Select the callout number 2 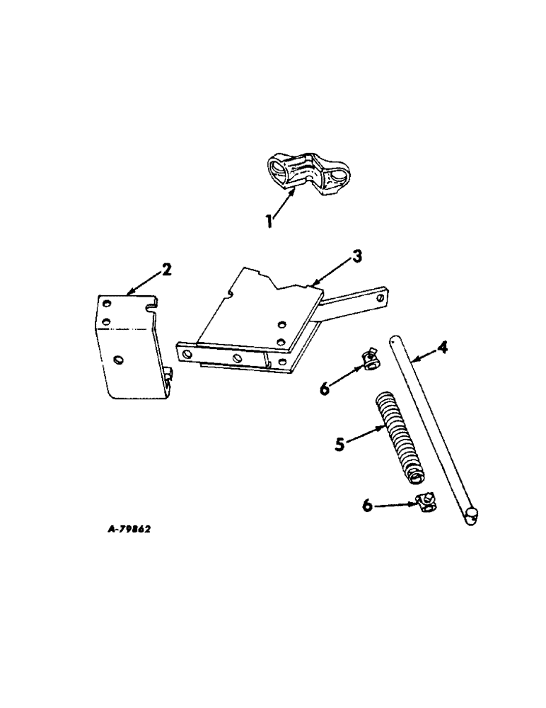coord(166,269)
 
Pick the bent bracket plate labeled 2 coord(131,347)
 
